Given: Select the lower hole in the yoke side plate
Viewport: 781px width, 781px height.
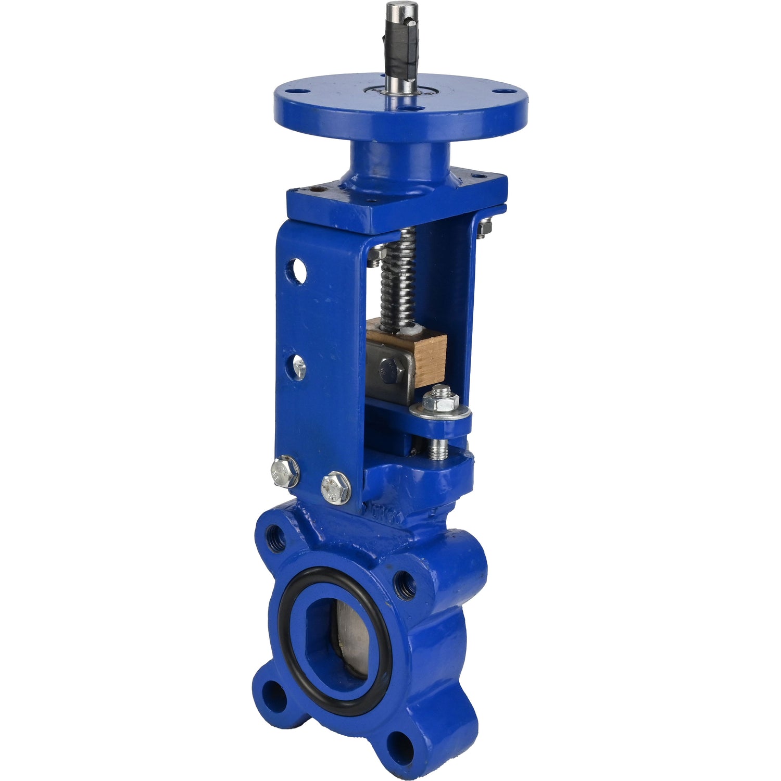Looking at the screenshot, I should [x=299, y=367].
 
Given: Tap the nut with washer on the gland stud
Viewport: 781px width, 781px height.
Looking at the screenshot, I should [x=440, y=402].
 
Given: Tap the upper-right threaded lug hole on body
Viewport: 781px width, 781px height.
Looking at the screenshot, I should [x=406, y=584].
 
